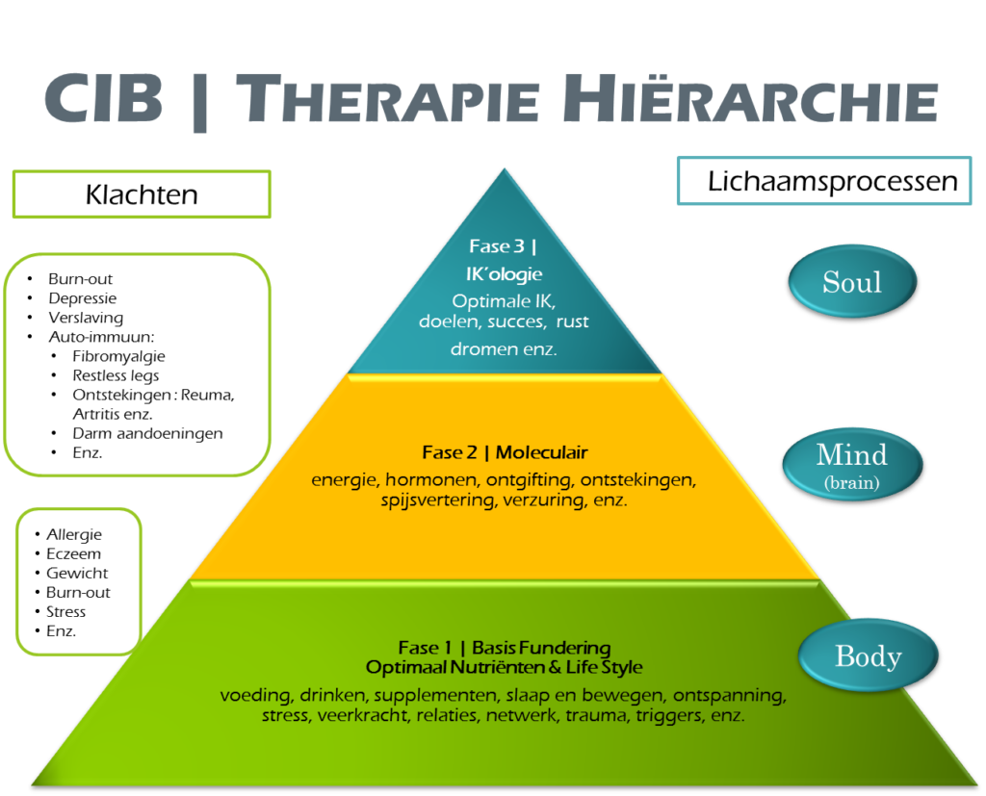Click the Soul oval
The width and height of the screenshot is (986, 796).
pyautogui.click(x=851, y=282)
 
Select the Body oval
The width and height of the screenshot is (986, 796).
pyautogui.click(x=868, y=656)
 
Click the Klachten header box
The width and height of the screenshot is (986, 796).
pyautogui.click(x=142, y=194)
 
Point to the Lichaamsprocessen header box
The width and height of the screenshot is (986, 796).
pyautogui.click(x=833, y=181)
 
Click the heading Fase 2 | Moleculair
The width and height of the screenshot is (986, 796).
pyautogui.click(x=505, y=452)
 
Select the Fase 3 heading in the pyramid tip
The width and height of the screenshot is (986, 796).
pyautogui.click(x=504, y=246)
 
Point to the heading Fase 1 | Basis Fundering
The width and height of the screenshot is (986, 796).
pyautogui.click(x=505, y=648)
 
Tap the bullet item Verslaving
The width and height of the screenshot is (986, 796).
pyautogui.click(x=86, y=318)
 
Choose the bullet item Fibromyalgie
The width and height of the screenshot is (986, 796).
pyautogui.click(x=118, y=356)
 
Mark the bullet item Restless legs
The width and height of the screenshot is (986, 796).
pyautogui.click(x=116, y=375)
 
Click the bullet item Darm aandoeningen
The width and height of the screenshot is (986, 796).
pyautogui.click(x=147, y=433)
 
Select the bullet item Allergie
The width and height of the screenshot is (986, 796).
pyautogui.click(x=74, y=534)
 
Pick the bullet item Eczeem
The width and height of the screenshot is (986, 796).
pyautogui.click(x=73, y=553)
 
